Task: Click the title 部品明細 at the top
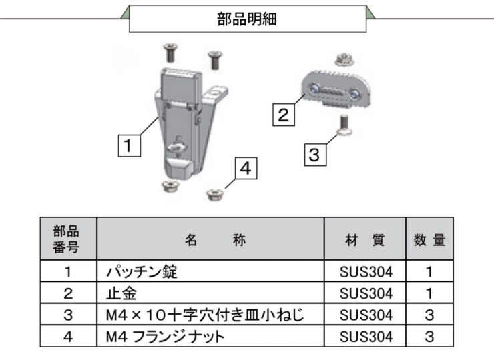pyautogui.click(x=247, y=19)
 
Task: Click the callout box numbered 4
pyautogui.click(x=244, y=169)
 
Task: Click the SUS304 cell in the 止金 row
pyautogui.click(x=364, y=293)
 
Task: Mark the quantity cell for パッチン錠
pyautogui.click(x=429, y=271)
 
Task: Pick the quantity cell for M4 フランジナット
pyautogui.click(x=429, y=336)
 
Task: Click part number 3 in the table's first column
pyautogui.click(x=68, y=315)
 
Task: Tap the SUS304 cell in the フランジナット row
pyautogui.click(x=364, y=336)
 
